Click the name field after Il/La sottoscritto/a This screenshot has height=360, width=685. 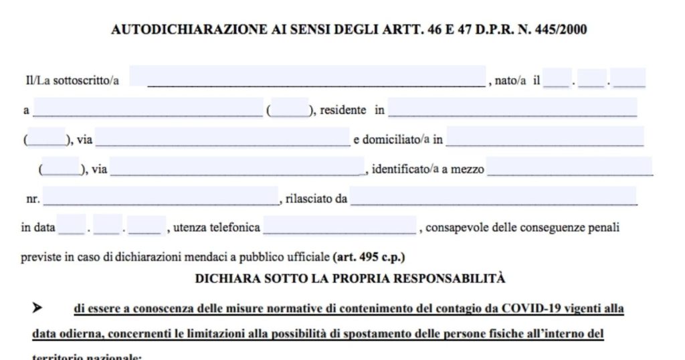click(308, 76)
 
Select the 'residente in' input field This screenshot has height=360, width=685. click(512, 108)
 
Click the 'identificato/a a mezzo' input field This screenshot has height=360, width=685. click(569, 167)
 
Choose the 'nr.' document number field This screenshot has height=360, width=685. click(161, 196)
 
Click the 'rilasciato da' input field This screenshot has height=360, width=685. click(493, 196)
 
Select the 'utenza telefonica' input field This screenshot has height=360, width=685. click(340, 226)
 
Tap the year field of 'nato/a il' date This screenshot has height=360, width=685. click(629, 78)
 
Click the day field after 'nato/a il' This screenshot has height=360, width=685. click(557, 78)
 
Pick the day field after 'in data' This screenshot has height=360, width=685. click(72, 225)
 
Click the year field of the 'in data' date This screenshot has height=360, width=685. click(145, 225)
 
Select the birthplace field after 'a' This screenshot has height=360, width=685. click(147, 108)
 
